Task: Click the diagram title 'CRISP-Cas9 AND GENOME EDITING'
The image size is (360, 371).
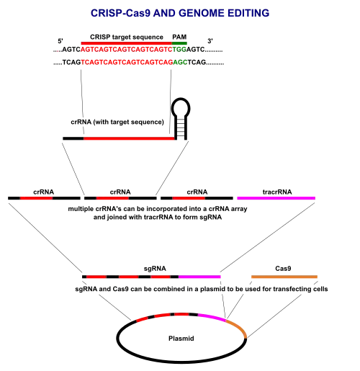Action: (180, 13)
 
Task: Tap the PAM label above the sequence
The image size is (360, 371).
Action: (179, 37)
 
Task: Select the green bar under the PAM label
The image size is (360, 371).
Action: (179, 43)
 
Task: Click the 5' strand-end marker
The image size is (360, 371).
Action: (60, 41)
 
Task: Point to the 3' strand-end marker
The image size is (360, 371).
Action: (210, 41)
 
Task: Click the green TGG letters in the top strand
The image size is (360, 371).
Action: (179, 50)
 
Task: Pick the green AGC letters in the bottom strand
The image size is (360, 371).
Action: (180, 63)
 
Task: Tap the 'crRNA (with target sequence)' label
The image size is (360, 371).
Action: (117, 122)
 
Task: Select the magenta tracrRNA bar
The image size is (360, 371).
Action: (276, 198)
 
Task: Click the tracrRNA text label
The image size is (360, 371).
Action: (277, 192)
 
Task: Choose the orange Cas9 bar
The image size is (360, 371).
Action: (284, 277)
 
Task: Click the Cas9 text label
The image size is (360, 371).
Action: (283, 269)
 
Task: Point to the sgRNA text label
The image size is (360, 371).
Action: (155, 269)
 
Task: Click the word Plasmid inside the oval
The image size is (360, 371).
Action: (181, 339)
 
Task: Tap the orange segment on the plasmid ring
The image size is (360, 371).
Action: (238, 327)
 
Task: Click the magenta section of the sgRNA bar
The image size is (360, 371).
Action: (199, 277)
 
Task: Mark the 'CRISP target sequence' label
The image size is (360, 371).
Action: (127, 37)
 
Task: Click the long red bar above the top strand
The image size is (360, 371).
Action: (127, 43)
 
